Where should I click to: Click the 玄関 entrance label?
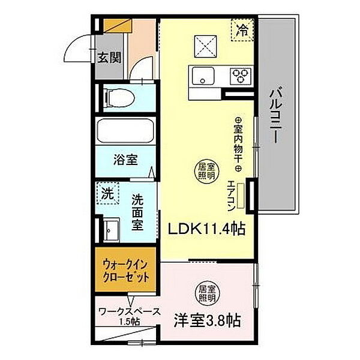(x=109, y=58)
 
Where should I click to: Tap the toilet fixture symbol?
(x=117, y=97)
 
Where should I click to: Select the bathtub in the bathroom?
(x=125, y=131)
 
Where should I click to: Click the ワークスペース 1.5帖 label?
(x=128, y=316)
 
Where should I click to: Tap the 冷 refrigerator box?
(x=242, y=29)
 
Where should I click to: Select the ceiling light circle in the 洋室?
(x=206, y=293)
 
